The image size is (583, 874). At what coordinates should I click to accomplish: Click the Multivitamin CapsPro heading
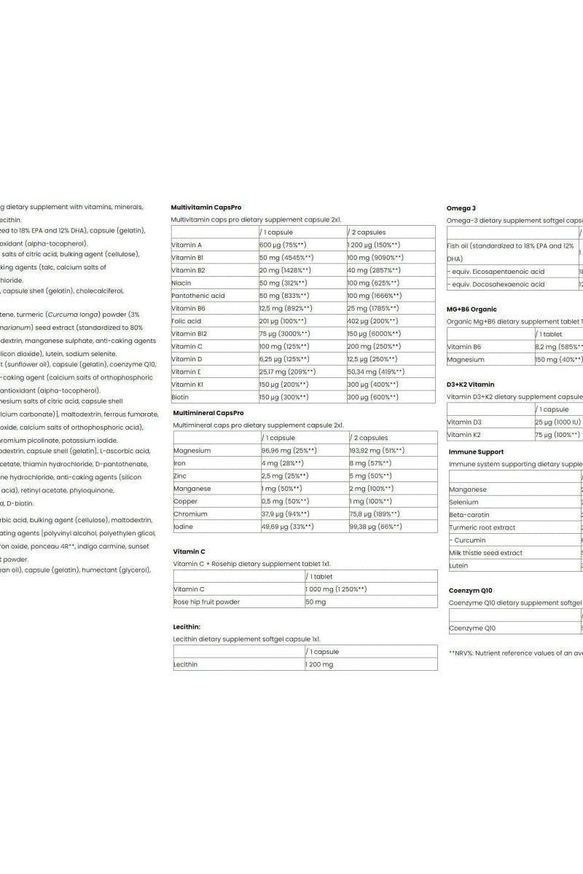206,207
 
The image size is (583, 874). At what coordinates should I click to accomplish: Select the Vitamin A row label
187,245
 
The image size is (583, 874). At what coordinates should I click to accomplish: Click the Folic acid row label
187,320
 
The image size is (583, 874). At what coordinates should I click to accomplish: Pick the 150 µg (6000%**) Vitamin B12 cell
374,334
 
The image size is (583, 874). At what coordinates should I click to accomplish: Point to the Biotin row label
180,397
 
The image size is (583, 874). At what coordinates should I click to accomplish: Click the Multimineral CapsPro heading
208,412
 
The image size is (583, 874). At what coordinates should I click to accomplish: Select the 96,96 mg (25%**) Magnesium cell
287,450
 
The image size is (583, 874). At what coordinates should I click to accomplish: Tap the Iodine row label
184,526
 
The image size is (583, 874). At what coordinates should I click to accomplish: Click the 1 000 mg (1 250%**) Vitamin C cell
336,588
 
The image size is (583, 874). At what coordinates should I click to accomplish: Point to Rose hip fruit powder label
206,602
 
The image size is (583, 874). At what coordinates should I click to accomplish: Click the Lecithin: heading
187,626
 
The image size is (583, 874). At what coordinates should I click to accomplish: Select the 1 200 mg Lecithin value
320,664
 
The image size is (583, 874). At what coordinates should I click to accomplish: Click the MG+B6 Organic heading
472,309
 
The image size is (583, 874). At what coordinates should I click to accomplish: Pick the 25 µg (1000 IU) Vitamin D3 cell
557,422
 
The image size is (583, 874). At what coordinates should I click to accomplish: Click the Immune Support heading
476,452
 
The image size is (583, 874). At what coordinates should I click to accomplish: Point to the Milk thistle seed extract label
485,553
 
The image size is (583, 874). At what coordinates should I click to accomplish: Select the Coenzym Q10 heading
471,590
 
